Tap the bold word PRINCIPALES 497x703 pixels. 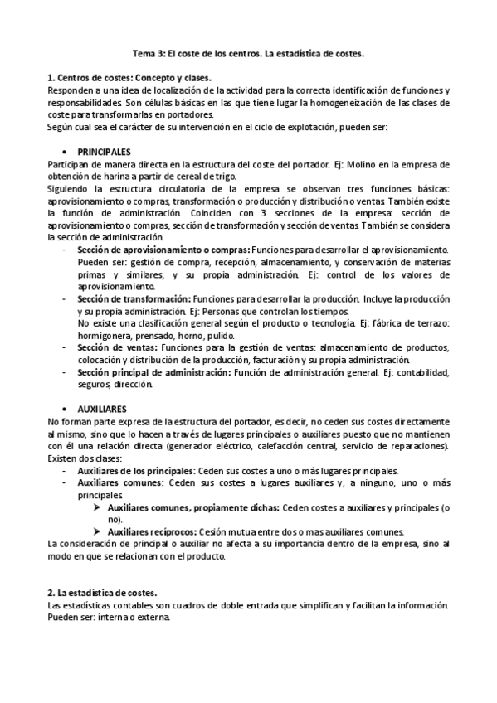[104, 153]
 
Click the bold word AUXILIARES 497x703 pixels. [102, 410]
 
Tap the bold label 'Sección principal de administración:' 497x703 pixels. [153, 373]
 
